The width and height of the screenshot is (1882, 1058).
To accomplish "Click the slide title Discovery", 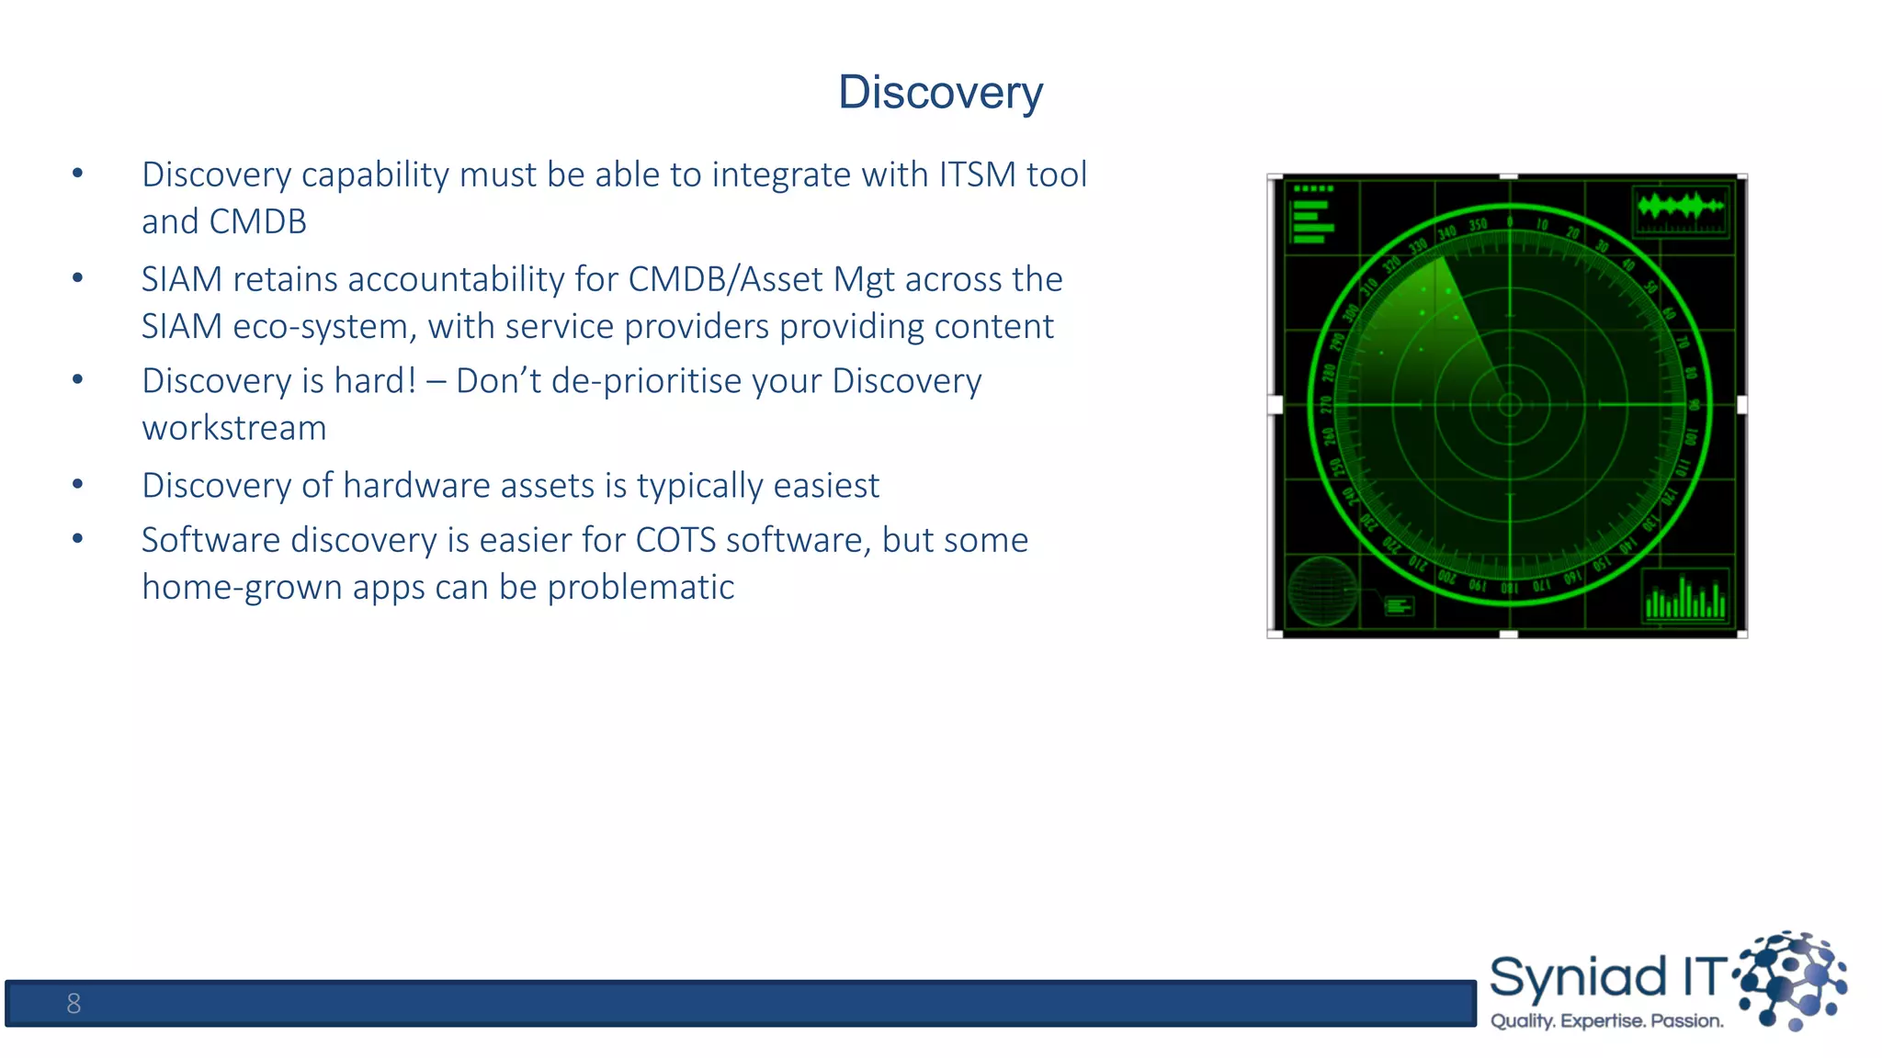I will [x=940, y=93].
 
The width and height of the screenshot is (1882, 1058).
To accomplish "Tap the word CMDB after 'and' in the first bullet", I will [x=257, y=222].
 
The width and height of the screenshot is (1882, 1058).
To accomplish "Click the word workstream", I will [x=233, y=429].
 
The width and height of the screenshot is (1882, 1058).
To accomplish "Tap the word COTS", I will [x=675, y=540].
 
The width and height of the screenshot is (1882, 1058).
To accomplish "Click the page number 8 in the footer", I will [x=74, y=1004].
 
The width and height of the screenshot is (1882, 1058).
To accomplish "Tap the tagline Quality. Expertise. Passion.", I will [x=1606, y=1021].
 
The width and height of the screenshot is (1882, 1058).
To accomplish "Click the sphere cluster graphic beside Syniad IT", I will [x=1792, y=980].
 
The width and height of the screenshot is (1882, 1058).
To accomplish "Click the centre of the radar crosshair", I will [x=1509, y=404].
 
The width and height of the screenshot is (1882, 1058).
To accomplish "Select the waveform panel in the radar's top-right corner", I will [x=1681, y=209].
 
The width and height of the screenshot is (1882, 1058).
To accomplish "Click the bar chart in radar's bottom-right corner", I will [x=1684, y=597].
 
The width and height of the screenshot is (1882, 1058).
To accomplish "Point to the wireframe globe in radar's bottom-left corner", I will [x=1322, y=591].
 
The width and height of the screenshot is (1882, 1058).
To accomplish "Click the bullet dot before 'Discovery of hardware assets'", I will [x=78, y=484].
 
